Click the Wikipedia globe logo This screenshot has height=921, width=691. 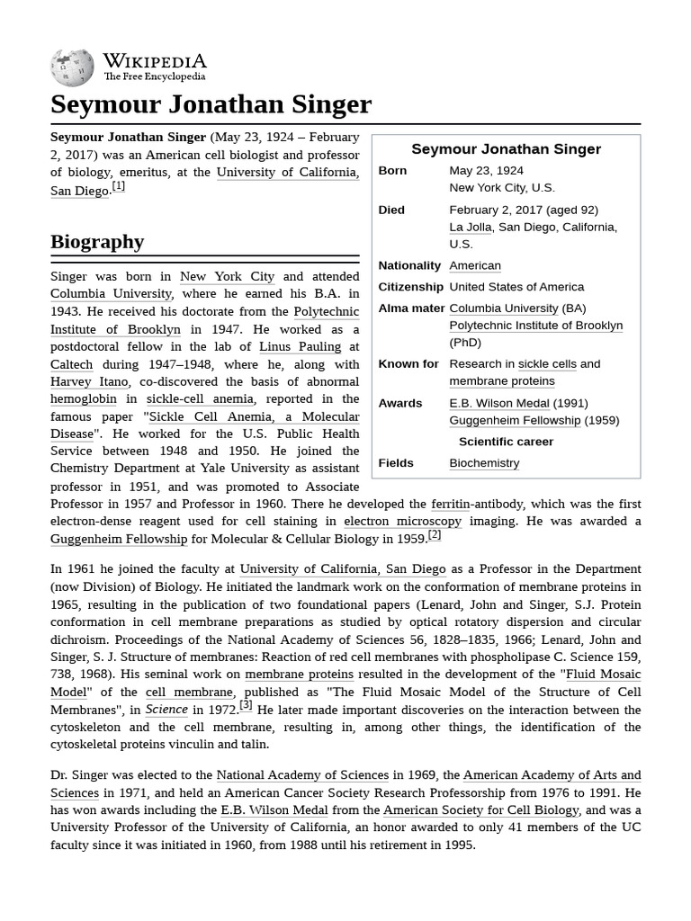pyautogui.click(x=72, y=67)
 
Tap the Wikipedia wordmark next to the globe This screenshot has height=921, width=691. pyautogui.click(x=154, y=61)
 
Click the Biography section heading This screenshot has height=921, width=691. pyautogui.click(x=97, y=242)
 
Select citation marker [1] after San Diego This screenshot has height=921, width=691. pyautogui.click(x=118, y=187)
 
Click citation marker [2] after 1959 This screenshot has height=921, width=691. pyautogui.click(x=434, y=535)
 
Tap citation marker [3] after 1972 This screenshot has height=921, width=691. pyautogui.click(x=246, y=705)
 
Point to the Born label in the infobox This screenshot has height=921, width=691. pyautogui.click(x=392, y=171)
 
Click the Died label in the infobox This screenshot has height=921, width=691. pyautogui.click(x=391, y=210)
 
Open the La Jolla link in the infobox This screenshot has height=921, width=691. pyautogui.click(x=470, y=228)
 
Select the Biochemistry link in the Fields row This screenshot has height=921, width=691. pyautogui.click(x=484, y=463)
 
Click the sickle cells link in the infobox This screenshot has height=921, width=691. pyautogui.click(x=547, y=364)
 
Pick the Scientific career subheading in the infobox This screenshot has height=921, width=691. pyautogui.click(x=506, y=442)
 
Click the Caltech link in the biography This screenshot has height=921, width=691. pyautogui.click(x=71, y=364)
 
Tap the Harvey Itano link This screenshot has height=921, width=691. pyautogui.click(x=89, y=381)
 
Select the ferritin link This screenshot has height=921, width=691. pyautogui.click(x=450, y=504)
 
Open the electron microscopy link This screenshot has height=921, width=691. pyautogui.click(x=402, y=522)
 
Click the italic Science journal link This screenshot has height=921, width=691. pyautogui.click(x=166, y=710)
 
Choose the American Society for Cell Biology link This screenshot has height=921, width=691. pyautogui.click(x=480, y=809)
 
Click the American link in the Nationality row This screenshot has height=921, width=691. pyautogui.click(x=475, y=266)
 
